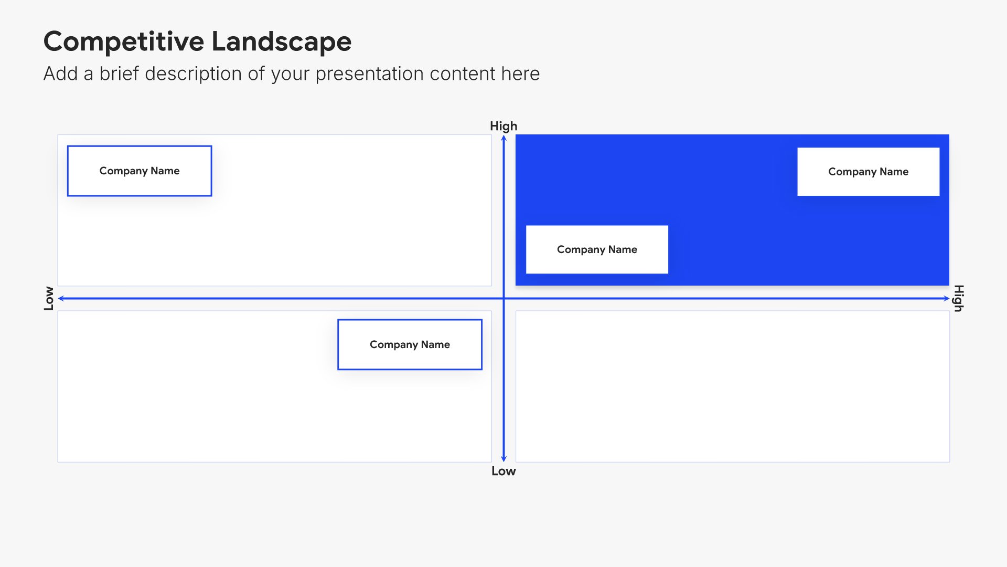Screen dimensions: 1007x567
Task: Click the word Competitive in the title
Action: point(124,42)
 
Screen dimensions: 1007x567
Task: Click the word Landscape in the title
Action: point(282,42)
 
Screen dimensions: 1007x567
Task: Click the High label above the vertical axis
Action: point(504,127)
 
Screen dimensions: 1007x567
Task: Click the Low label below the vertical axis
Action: point(504,471)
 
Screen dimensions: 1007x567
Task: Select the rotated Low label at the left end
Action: point(49,298)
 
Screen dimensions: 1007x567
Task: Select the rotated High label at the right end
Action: point(959,298)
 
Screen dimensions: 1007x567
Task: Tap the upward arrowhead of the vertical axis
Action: point(504,138)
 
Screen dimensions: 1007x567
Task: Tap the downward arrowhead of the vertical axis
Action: point(504,459)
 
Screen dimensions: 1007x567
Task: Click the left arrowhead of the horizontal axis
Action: point(61,298)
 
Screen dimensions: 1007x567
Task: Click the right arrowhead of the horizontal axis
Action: point(946,298)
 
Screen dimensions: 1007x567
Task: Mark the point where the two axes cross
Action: point(504,298)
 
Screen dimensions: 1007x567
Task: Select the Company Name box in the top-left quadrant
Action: point(140,171)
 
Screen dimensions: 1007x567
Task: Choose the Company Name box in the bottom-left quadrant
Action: point(410,344)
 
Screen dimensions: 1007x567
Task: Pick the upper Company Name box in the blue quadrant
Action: point(869,172)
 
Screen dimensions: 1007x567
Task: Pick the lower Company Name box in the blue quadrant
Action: point(597,249)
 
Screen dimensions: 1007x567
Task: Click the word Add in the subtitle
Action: point(60,74)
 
